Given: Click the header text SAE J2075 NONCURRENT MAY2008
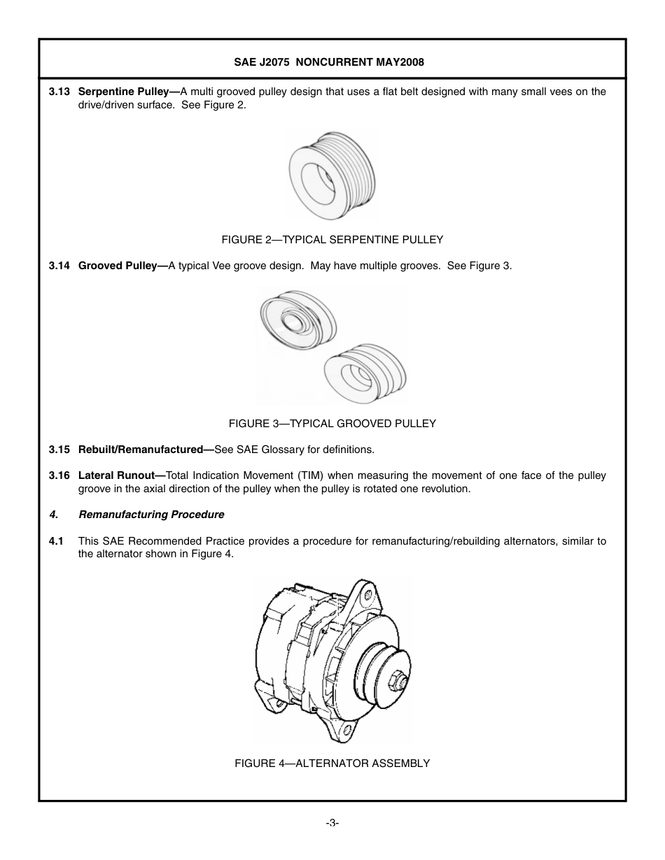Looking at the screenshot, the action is tap(329, 62).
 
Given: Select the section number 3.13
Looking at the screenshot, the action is tap(59, 92).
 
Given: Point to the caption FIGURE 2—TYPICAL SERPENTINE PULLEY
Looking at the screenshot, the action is tap(332, 240).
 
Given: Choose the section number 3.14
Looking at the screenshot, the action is tap(59, 266).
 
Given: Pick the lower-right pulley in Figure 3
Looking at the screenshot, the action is tap(363, 373).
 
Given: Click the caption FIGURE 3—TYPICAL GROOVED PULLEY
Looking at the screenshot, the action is tap(332, 424).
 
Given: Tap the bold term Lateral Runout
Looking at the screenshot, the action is tap(120, 476).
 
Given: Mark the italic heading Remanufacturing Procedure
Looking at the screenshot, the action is tap(151, 515).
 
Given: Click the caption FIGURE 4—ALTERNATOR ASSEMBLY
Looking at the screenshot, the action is tap(332, 764).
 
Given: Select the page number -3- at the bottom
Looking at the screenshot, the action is tap(332, 823).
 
